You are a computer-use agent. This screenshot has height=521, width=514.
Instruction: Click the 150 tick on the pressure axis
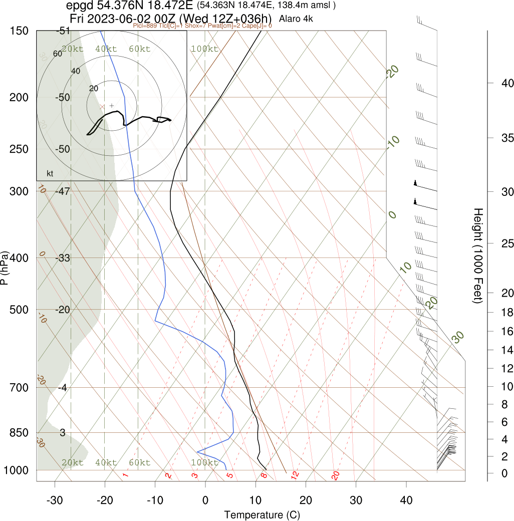click(19, 31)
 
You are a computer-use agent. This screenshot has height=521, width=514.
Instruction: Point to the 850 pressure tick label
click(19, 432)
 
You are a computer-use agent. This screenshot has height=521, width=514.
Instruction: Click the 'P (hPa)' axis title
click(5, 268)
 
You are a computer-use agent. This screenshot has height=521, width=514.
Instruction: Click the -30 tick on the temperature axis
click(54, 499)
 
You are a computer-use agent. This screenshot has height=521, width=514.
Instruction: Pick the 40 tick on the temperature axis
click(406, 499)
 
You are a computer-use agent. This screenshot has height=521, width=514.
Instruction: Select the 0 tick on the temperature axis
click(205, 499)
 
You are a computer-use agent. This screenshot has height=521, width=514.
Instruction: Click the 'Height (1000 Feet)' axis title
click(477, 255)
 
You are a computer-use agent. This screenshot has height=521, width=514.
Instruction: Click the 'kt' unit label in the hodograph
click(50, 174)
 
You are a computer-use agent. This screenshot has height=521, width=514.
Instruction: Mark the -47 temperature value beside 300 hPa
click(63, 191)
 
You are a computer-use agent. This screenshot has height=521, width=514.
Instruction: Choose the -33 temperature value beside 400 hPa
click(63, 258)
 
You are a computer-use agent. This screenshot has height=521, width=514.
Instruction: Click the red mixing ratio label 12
click(295, 474)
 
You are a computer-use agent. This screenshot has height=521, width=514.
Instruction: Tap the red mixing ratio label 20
click(336, 475)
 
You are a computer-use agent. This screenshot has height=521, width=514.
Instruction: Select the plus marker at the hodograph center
click(111, 106)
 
